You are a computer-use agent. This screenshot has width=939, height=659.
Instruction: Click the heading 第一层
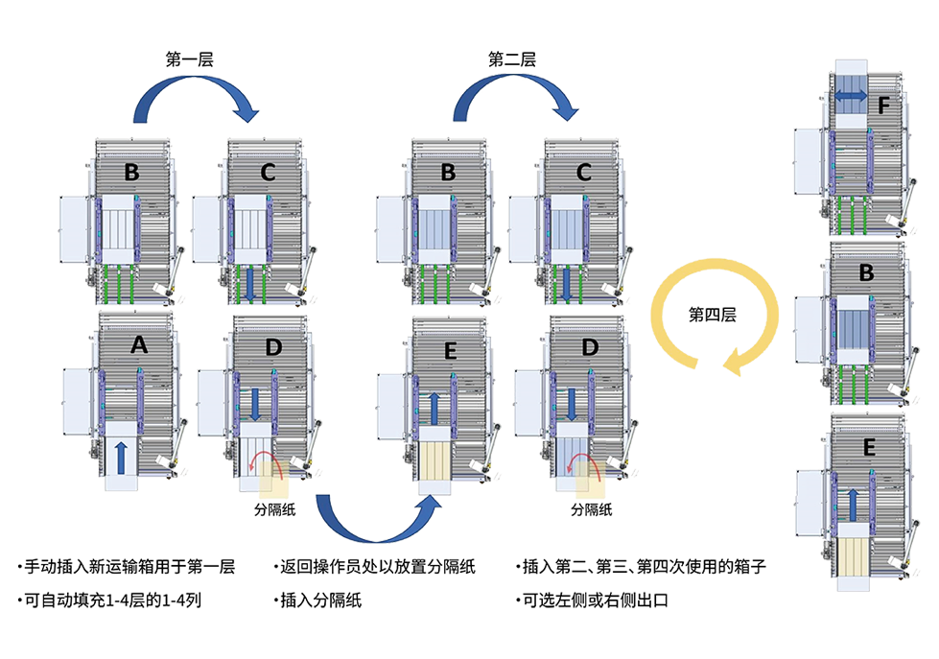189,59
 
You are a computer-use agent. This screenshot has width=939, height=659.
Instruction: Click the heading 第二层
512,59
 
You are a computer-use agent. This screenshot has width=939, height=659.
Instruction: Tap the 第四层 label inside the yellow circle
712,315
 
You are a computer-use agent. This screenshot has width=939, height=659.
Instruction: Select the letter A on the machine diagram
139,345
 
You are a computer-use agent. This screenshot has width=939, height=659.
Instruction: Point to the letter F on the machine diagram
883,106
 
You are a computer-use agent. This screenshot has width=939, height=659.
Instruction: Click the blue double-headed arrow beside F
851,95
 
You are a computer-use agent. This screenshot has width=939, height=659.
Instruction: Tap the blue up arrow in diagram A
121,458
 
